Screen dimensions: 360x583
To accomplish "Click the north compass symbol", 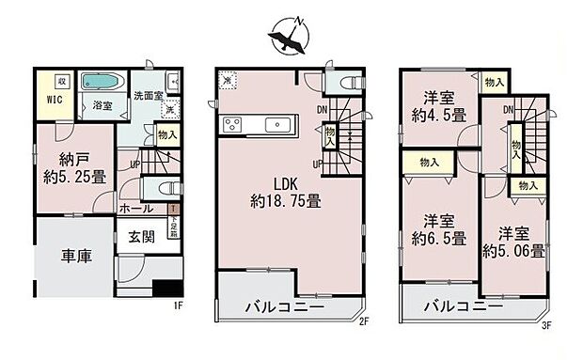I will (290, 36).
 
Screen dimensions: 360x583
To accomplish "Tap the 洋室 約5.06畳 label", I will (513, 243).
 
